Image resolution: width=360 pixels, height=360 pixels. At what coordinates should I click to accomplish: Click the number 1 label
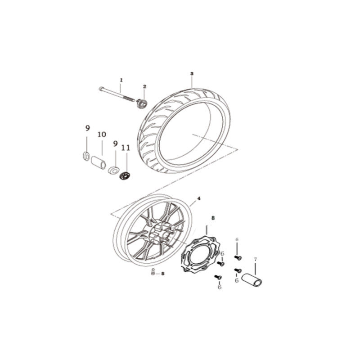(121, 80)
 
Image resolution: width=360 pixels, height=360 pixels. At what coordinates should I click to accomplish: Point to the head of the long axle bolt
(100, 89)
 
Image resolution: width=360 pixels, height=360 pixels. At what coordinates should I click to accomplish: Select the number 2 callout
(144, 86)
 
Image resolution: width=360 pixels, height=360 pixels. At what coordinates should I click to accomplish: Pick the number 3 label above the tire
(192, 74)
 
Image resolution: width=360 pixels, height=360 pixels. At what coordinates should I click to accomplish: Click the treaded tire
(184, 130)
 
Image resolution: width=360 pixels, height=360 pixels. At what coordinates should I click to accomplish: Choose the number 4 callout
(199, 198)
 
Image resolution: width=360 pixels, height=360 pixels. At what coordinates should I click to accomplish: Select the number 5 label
(163, 274)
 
